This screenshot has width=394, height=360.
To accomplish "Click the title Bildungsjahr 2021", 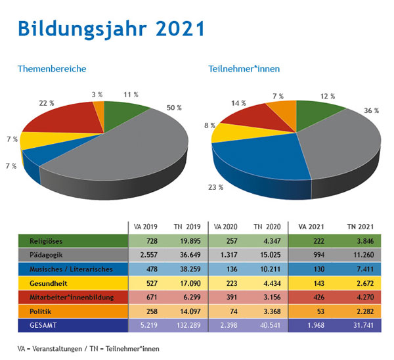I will (x=110, y=29).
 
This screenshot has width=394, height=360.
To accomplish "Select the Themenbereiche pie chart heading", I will (x=52, y=69).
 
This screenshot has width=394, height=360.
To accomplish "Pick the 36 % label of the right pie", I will (x=372, y=110).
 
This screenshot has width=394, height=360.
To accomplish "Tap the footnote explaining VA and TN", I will (x=89, y=348).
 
